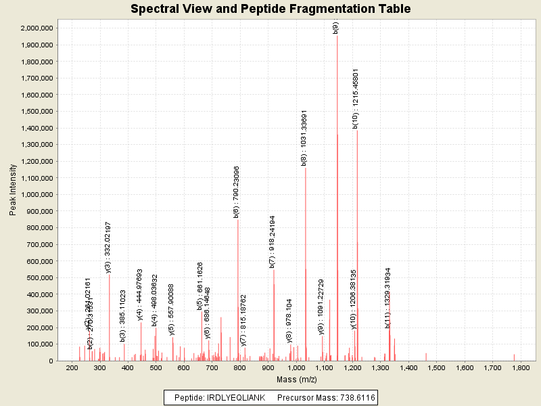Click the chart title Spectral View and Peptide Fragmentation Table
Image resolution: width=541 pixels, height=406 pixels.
(270, 9)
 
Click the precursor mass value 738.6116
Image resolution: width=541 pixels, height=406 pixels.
(352, 397)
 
